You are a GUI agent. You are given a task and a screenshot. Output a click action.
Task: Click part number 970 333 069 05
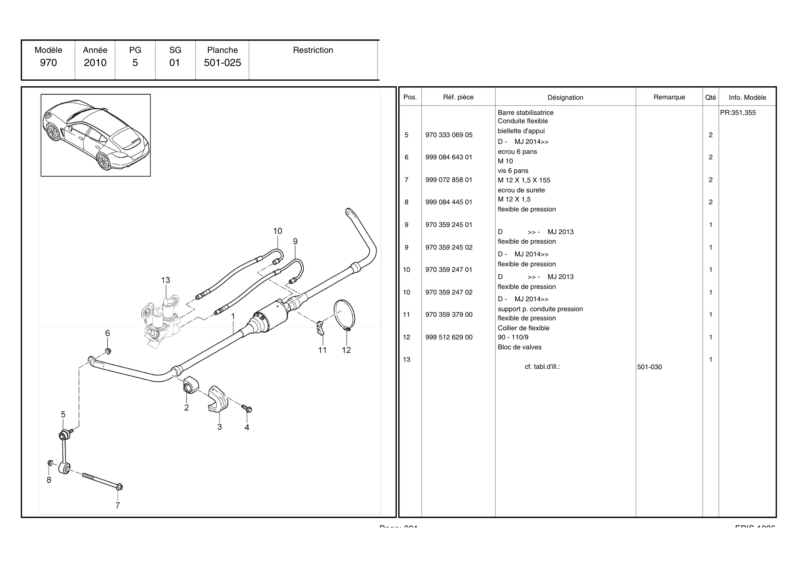coord(449,135)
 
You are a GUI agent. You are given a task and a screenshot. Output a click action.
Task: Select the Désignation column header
coord(565,97)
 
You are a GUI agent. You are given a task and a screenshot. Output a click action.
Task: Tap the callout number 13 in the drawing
coord(165,280)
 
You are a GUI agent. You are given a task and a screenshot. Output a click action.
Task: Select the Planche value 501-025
coord(222,63)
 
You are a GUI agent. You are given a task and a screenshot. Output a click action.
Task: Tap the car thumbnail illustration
coord(95,135)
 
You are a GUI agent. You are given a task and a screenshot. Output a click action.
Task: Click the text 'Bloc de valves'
coord(520,347)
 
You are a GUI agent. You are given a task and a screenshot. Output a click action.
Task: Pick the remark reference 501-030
coord(650,367)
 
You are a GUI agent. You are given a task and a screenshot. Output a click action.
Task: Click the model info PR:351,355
coord(738,112)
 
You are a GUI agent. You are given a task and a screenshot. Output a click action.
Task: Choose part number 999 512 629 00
coord(449,337)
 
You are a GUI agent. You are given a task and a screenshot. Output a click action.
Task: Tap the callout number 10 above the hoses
coord(277,231)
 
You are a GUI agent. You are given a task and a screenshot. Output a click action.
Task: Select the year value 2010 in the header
coord(95,63)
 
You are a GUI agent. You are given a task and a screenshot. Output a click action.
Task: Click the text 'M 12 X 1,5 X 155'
coord(524,180)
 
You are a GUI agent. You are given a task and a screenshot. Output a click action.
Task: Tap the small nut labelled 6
coord(108,351)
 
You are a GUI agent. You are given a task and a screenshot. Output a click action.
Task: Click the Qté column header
coord(710,97)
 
